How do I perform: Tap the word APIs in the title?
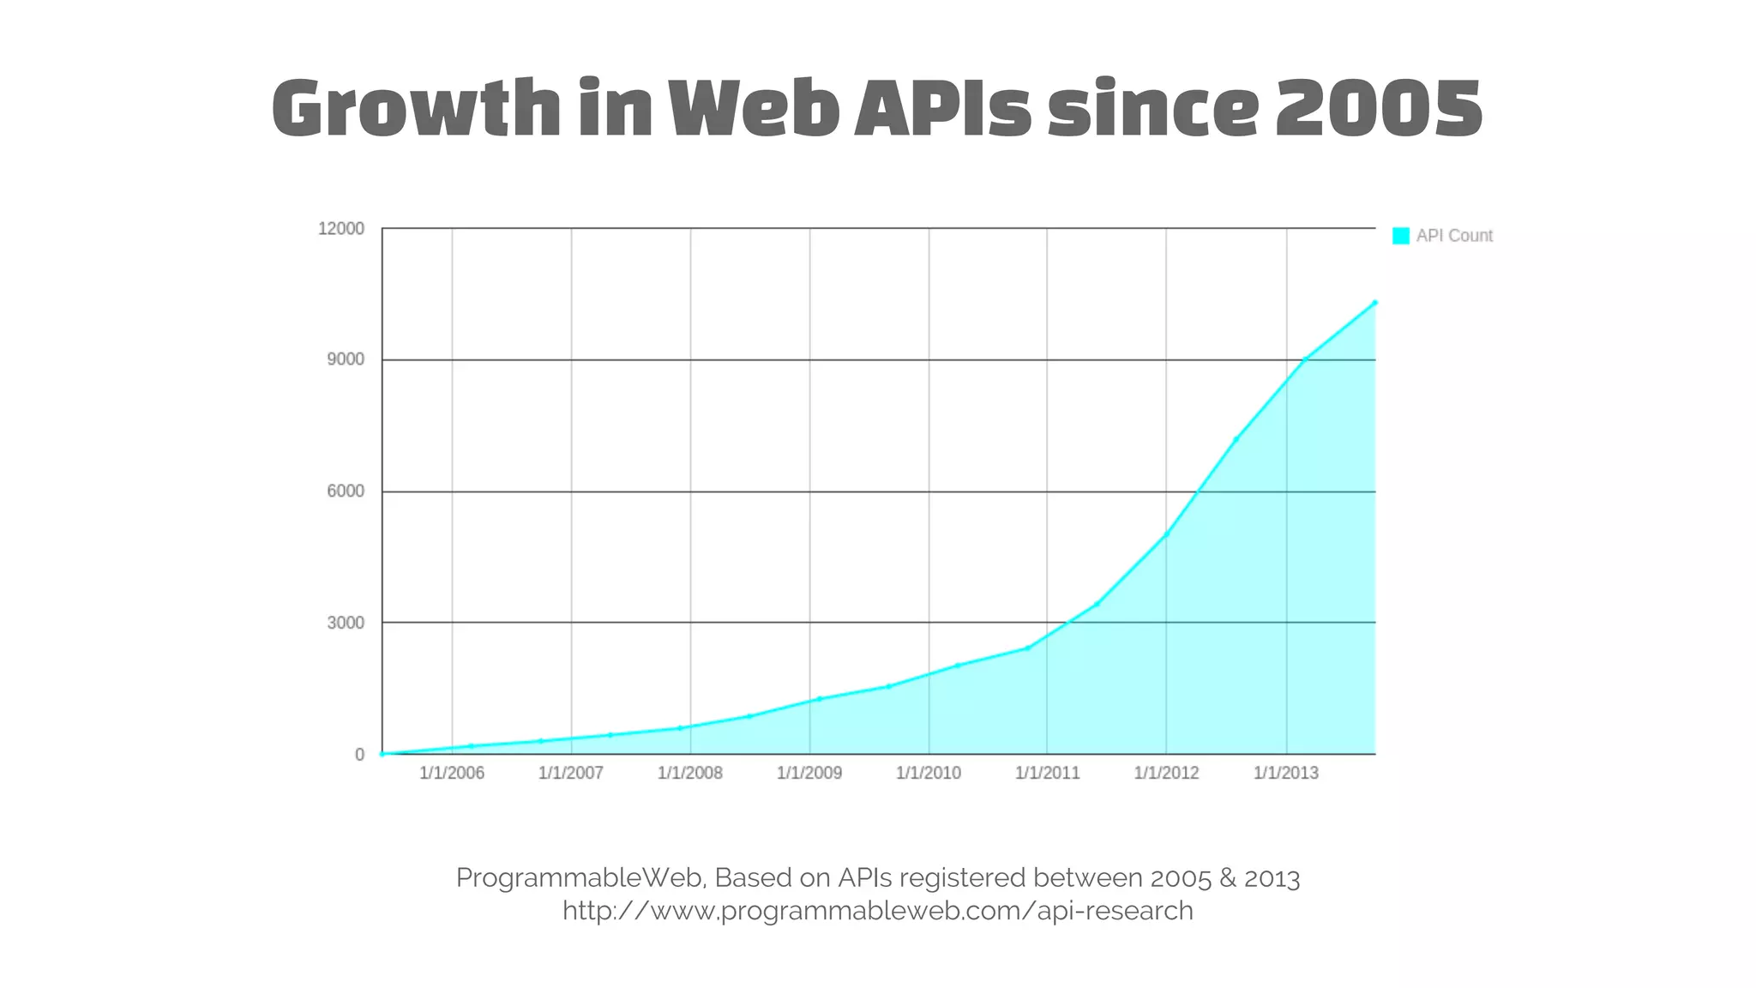(942, 109)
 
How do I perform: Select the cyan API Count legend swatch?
(1400, 236)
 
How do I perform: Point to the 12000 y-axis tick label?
(341, 229)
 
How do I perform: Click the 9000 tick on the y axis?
(346, 359)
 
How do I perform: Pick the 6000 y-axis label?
(346, 491)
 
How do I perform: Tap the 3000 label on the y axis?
(346, 623)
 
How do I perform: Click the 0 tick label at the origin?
(359, 755)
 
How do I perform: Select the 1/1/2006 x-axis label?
(452, 773)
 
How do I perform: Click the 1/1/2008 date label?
(690, 773)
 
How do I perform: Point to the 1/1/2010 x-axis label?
(929, 773)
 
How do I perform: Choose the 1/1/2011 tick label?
(1048, 773)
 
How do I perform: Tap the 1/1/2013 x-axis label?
(1286, 773)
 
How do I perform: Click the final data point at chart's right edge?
(1374, 303)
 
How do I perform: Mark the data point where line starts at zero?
(382, 754)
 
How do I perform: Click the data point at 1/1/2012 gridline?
(1166, 534)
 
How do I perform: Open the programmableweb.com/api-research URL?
(878, 911)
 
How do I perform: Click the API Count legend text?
(1454, 236)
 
